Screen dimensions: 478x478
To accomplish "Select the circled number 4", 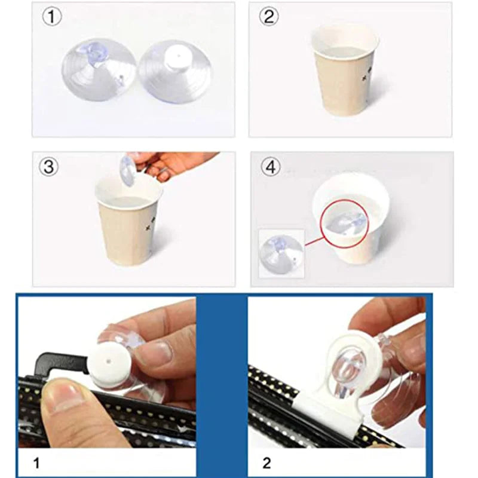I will [271, 167].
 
